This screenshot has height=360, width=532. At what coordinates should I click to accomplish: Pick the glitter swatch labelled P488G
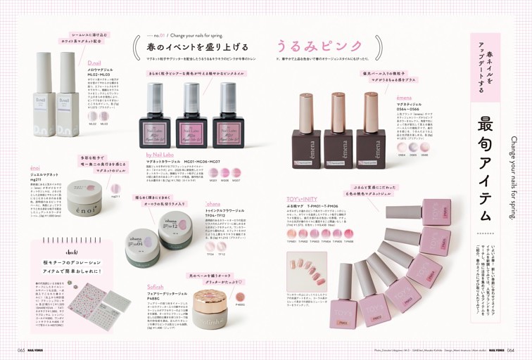click(x=240, y=296)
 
